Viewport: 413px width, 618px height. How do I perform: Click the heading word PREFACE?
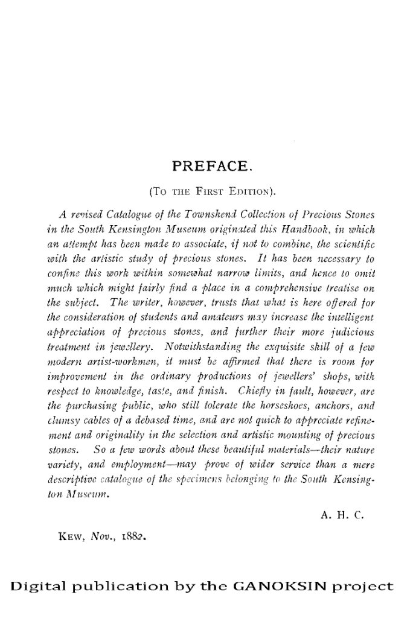tap(207, 165)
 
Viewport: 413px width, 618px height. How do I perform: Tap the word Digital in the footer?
tap(37, 586)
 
